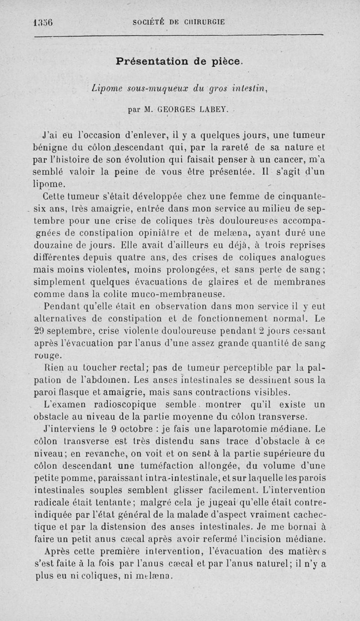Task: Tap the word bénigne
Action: (x=55, y=147)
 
